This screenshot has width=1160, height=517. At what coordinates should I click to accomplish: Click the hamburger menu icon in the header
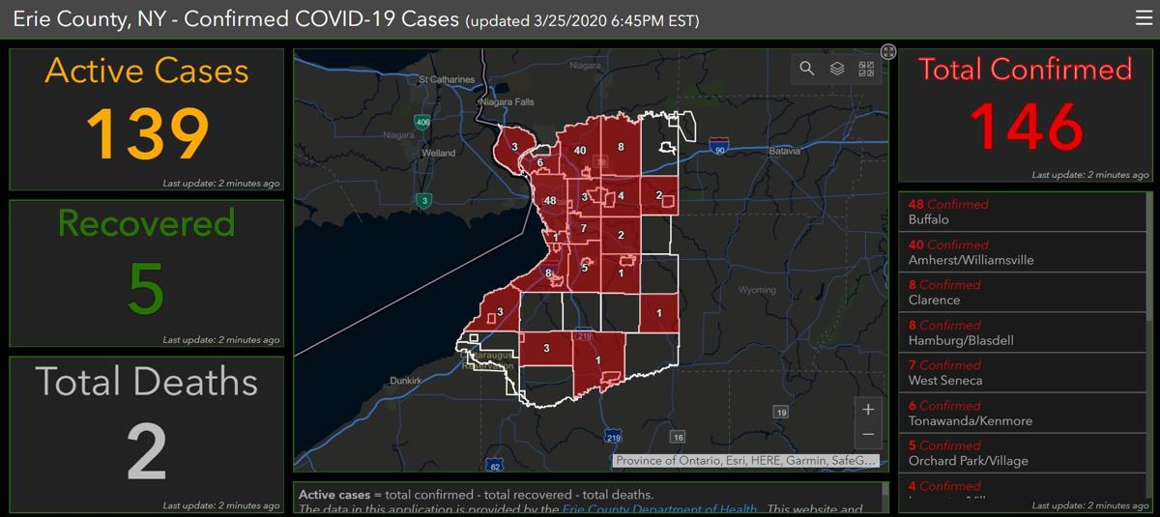coord(1144,17)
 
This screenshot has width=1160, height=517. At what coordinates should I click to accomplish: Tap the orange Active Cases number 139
coord(148,134)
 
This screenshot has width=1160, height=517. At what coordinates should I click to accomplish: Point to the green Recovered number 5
coord(146,287)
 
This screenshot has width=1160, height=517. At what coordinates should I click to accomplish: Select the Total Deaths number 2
coord(147,450)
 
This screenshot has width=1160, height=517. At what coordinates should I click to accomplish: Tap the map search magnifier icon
coord(806,69)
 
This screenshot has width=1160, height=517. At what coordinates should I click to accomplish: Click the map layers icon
coord(837,69)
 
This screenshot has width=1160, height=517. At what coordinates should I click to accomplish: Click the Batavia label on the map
coord(784,152)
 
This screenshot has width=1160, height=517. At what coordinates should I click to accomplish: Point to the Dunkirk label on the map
coord(405,381)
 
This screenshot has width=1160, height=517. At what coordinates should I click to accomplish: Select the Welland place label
coord(438,153)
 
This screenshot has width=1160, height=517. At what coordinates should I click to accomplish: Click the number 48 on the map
coord(550,201)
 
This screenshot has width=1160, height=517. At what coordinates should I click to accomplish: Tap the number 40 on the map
coord(580,151)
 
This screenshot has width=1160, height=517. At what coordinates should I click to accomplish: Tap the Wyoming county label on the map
coord(757,290)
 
